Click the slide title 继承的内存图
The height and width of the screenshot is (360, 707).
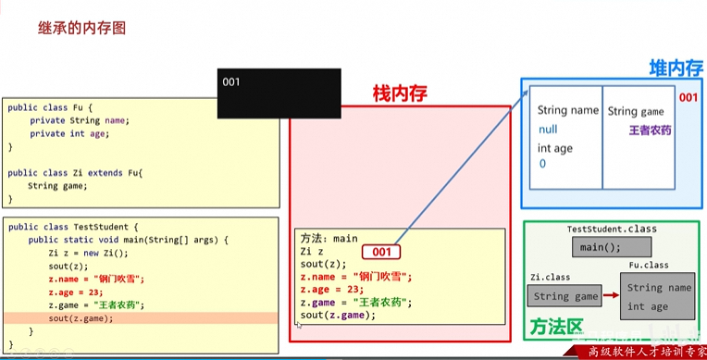(82, 28)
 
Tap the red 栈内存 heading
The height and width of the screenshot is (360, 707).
(401, 93)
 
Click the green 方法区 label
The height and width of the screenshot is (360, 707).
(557, 328)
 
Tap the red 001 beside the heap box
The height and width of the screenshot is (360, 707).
(688, 98)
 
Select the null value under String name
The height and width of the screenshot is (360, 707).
(548, 130)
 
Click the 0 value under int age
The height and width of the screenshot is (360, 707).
(542, 164)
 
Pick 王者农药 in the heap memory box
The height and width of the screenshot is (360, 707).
(651, 130)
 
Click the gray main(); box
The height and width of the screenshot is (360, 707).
(600, 248)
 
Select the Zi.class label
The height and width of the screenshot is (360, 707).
(549, 276)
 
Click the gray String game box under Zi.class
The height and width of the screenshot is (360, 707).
(565, 297)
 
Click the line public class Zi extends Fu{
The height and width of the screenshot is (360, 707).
(74, 173)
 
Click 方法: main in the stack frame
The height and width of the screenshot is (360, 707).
(329, 238)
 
